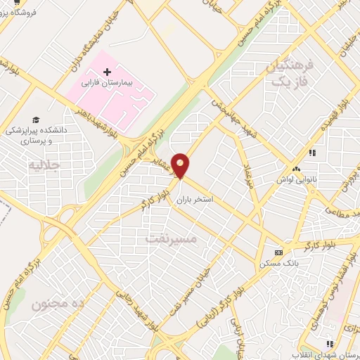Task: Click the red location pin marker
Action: point(181,165)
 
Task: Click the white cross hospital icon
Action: point(107,72)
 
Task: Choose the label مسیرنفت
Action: point(172,239)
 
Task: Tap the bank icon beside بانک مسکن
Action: point(278,252)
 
